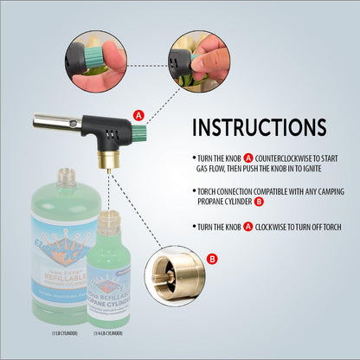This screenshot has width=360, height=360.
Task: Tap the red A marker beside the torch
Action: pos(138,114)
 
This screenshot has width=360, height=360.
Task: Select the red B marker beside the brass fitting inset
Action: pos(213,256)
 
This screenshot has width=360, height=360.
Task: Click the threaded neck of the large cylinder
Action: pos(63,178)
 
